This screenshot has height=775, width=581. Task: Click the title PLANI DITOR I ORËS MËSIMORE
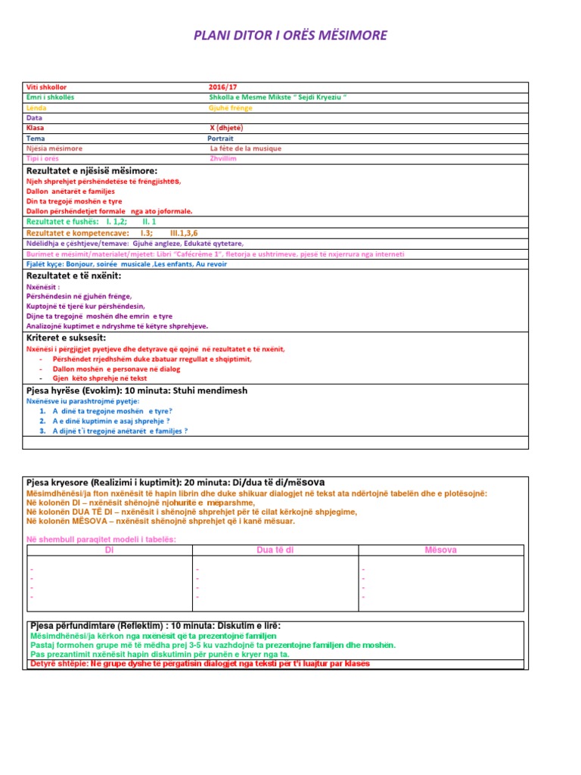(290, 36)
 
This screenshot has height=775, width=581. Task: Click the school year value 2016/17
(222, 88)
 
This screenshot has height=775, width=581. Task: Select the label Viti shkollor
(47, 88)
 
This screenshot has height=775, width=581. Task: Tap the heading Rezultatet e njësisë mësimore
(92, 171)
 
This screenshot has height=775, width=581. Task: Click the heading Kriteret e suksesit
(66, 338)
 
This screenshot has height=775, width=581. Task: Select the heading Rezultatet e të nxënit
(73, 275)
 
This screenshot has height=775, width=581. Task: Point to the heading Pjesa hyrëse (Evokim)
(76, 391)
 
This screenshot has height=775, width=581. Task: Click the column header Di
(108, 549)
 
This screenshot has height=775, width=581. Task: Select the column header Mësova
(441, 549)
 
